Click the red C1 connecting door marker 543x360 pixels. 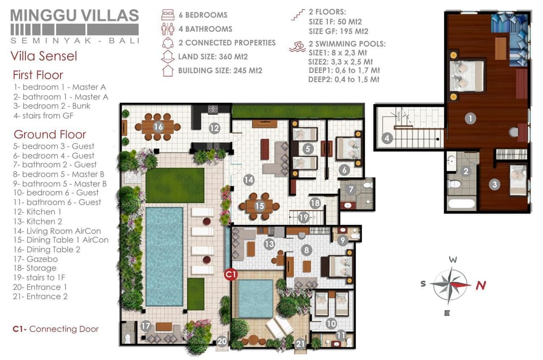click(231, 275)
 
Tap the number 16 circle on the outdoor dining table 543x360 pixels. click(158, 127)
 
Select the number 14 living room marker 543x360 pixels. click(249, 180)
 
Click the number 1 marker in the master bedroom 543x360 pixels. click(470, 118)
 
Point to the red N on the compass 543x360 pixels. click(481, 285)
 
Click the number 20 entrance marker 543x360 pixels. click(222, 341)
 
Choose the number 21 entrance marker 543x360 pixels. click(300, 344)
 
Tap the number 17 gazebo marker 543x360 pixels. click(146, 326)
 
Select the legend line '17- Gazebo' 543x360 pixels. click(35, 259)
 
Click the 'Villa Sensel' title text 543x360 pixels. click(44, 56)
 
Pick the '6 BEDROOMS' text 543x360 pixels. click(203, 15)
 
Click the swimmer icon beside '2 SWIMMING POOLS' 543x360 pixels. click(297, 47)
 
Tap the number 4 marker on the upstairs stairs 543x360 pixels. click(387, 138)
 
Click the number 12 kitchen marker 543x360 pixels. click(214, 128)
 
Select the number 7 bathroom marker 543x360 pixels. click(351, 189)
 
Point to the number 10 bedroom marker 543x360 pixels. click(331, 324)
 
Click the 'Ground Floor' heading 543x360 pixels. click(50, 135)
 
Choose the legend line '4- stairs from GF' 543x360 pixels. click(44, 115)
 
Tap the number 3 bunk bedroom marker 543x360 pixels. click(494, 184)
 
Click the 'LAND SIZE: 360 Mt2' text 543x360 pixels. click(213, 57)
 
